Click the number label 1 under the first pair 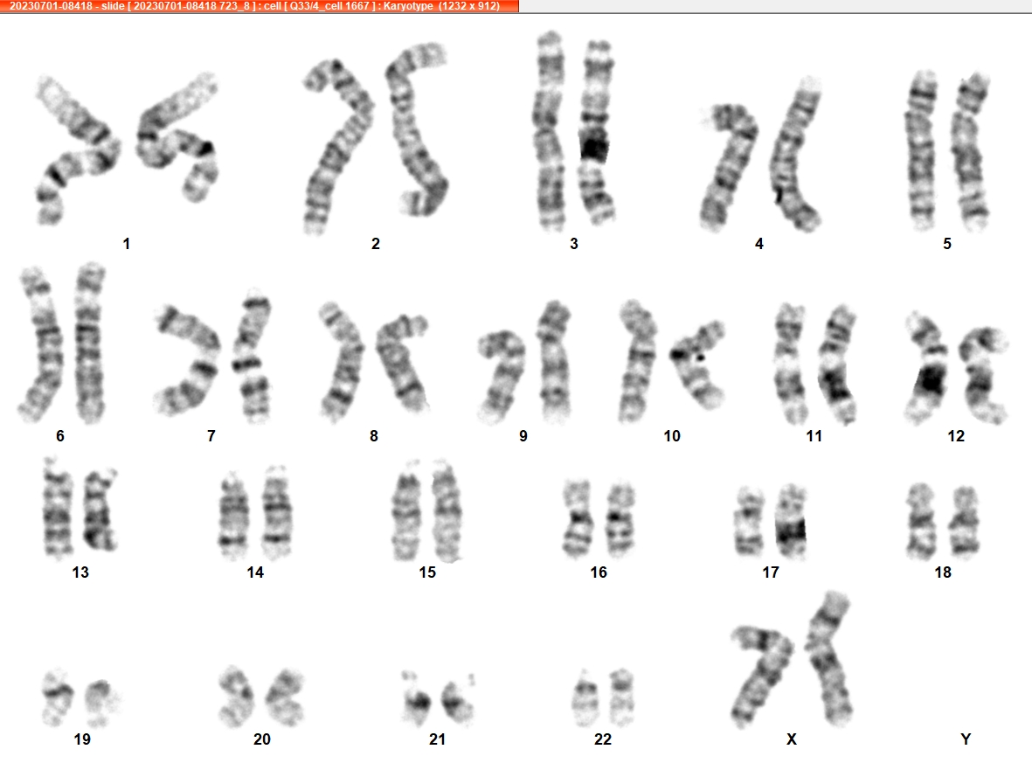127,244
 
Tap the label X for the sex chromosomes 792,739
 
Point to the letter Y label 966,739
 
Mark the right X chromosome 828,658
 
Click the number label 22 603,739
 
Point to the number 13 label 80,572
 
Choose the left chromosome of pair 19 57,697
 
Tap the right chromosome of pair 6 89,343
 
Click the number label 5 947,244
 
